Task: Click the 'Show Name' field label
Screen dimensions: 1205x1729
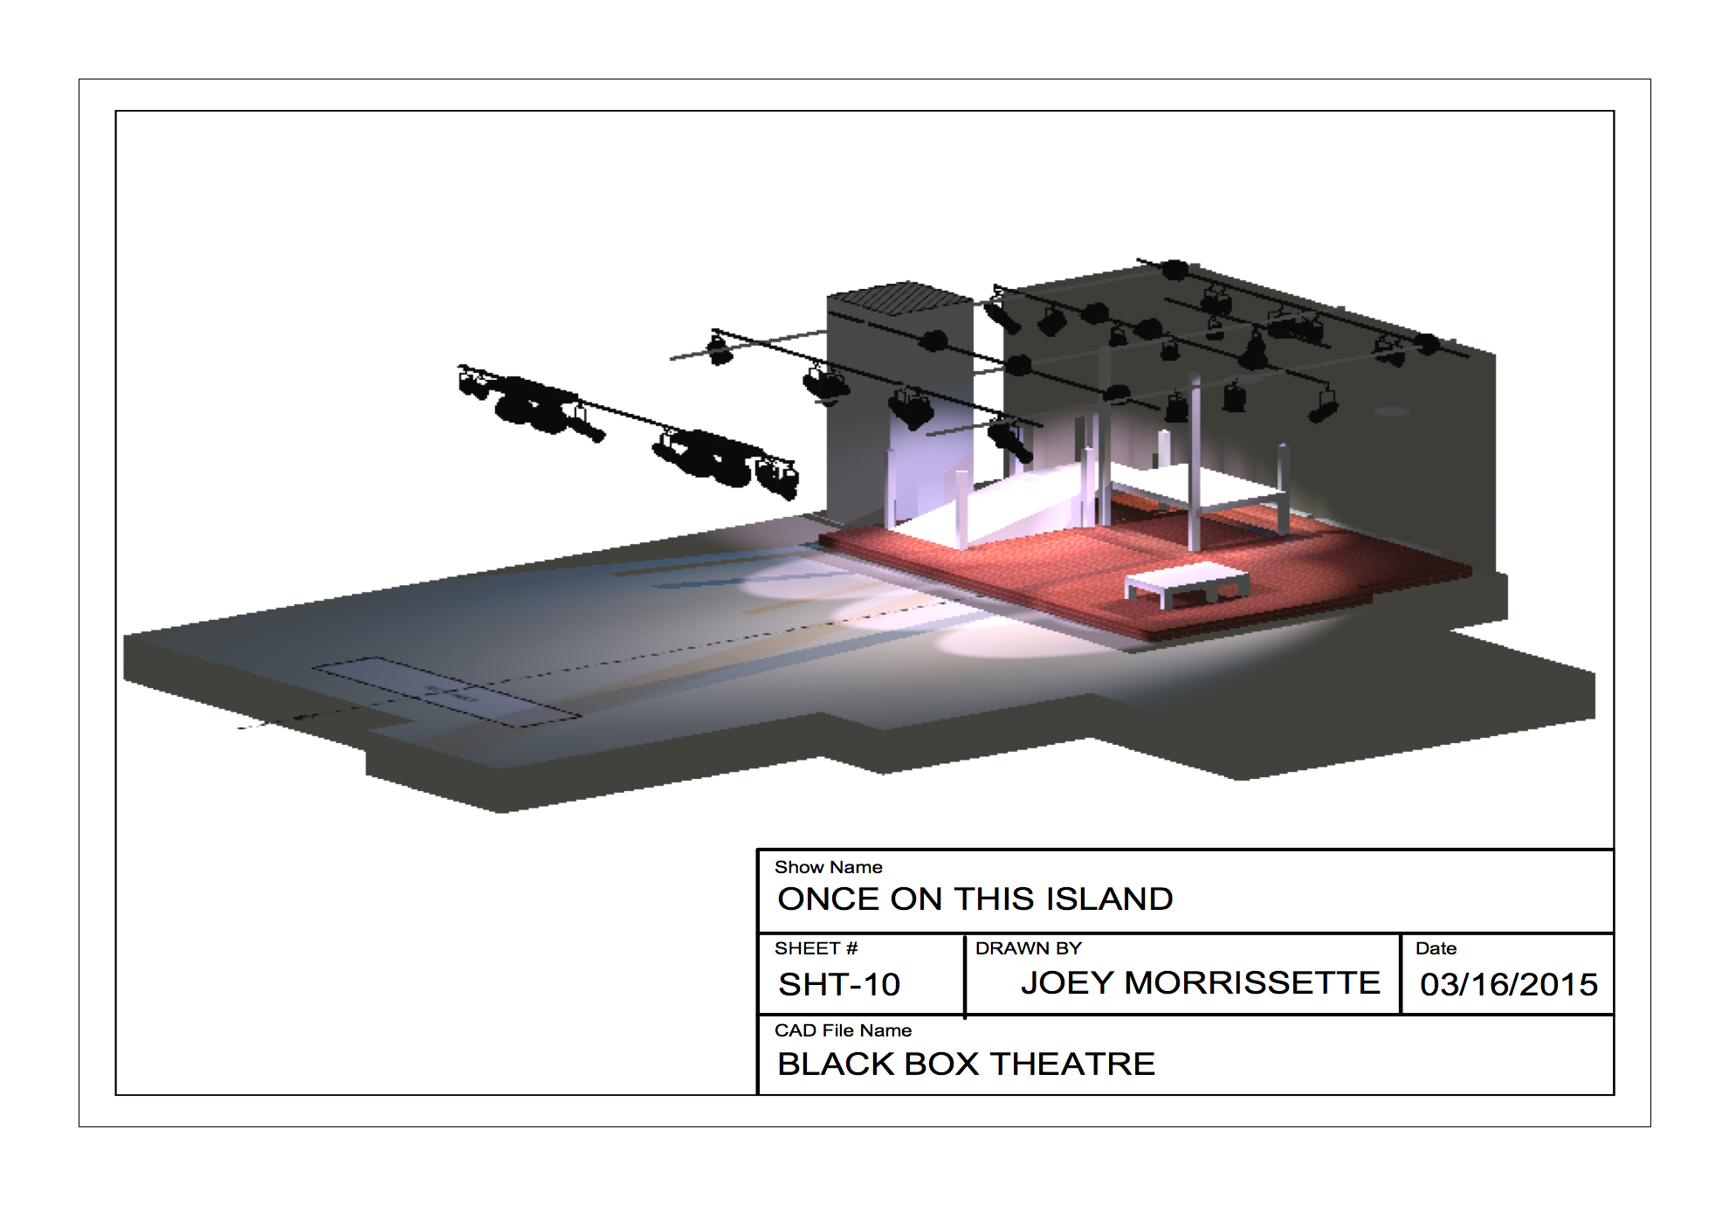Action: point(828,867)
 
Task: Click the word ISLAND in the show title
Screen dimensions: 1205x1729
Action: point(1109,899)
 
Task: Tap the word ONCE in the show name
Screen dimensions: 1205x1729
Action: point(828,899)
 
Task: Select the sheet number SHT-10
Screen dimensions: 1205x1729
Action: point(839,985)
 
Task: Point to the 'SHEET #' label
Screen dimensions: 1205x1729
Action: point(816,948)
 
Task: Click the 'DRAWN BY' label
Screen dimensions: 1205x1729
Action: point(1028,948)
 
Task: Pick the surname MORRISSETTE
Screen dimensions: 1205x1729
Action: point(1252,983)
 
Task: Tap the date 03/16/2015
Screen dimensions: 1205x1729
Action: point(1508,985)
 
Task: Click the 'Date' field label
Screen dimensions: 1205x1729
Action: point(1436,948)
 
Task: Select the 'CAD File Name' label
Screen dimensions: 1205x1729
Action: point(843,1030)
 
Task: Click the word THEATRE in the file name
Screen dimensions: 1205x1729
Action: point(1072,1064)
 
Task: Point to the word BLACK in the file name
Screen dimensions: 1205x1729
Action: point(836,1064)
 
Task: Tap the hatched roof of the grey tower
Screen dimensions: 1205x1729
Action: point(899,297)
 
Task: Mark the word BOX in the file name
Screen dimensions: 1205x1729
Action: point(941,1064)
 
